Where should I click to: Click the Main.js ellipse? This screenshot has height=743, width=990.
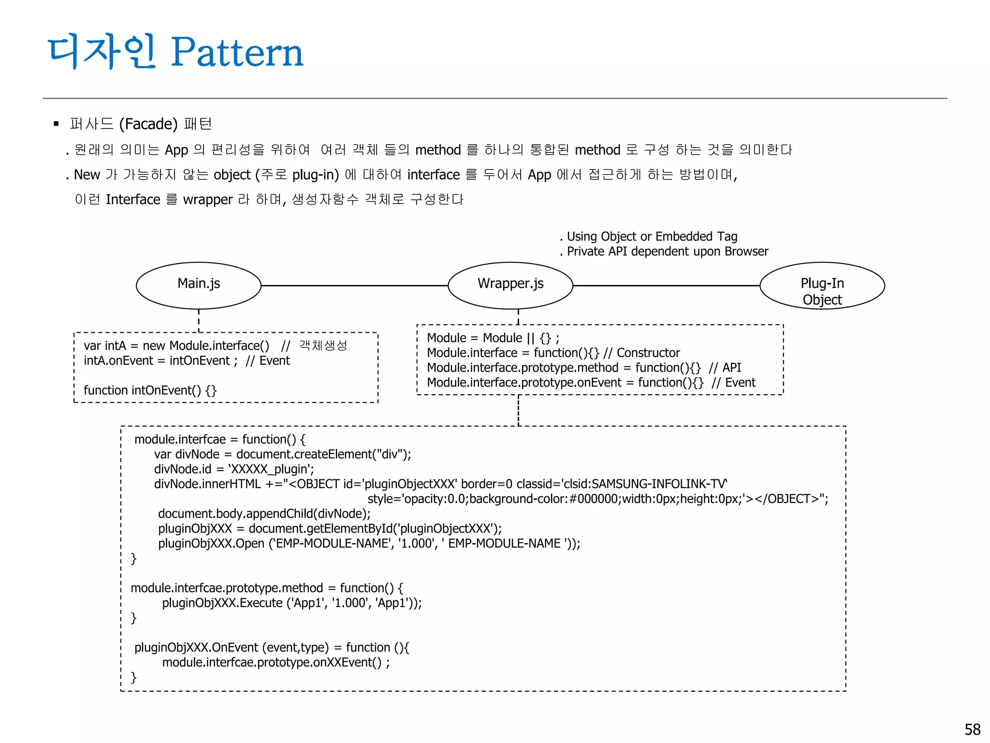199,285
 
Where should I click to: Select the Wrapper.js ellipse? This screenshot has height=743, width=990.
510,285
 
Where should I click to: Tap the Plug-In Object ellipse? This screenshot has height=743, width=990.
822,285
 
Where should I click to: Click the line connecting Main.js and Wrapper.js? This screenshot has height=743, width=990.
354,286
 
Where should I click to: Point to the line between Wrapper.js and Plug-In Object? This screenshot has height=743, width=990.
666,286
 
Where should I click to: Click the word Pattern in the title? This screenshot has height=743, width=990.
237,52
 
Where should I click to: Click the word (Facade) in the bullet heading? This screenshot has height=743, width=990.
148,124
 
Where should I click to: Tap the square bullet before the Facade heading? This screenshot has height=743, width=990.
56,124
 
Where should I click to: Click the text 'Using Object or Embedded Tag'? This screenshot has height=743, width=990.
652,237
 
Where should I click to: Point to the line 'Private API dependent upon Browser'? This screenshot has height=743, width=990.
667,252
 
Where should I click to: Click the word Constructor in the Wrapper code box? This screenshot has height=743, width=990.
648,353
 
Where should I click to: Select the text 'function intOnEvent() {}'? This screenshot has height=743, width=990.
150,390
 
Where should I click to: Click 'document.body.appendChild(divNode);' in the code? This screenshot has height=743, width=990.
264,514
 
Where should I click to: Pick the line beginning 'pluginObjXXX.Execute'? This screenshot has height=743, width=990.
291,603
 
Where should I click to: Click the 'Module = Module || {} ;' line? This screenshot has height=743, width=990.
493,338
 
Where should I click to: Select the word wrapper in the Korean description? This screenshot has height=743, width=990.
208,200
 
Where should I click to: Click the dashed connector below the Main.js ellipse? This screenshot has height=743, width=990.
199,321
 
